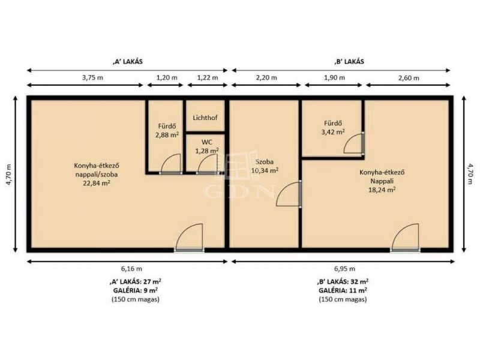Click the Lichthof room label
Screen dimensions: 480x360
(205, 118)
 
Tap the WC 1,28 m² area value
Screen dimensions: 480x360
(207, 151)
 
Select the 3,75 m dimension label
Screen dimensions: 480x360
(92, 77)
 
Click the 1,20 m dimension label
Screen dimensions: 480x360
(167, 77)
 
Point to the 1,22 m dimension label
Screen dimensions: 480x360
(208, 77)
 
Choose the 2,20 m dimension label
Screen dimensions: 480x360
(266, 77)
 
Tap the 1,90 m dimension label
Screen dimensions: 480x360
(334, 77)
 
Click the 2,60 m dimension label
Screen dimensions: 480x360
(409, 78)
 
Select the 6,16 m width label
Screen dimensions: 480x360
(131, 269)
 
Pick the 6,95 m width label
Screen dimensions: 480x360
(344, 269)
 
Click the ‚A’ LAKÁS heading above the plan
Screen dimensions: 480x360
(128, 61)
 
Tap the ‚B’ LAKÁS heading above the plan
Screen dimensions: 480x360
(349, 61)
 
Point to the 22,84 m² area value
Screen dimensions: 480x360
(97, 184)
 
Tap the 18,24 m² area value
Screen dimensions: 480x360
(382, 190)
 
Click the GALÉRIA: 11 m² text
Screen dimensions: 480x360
(343, 290)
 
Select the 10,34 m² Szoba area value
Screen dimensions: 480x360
(265, 170)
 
